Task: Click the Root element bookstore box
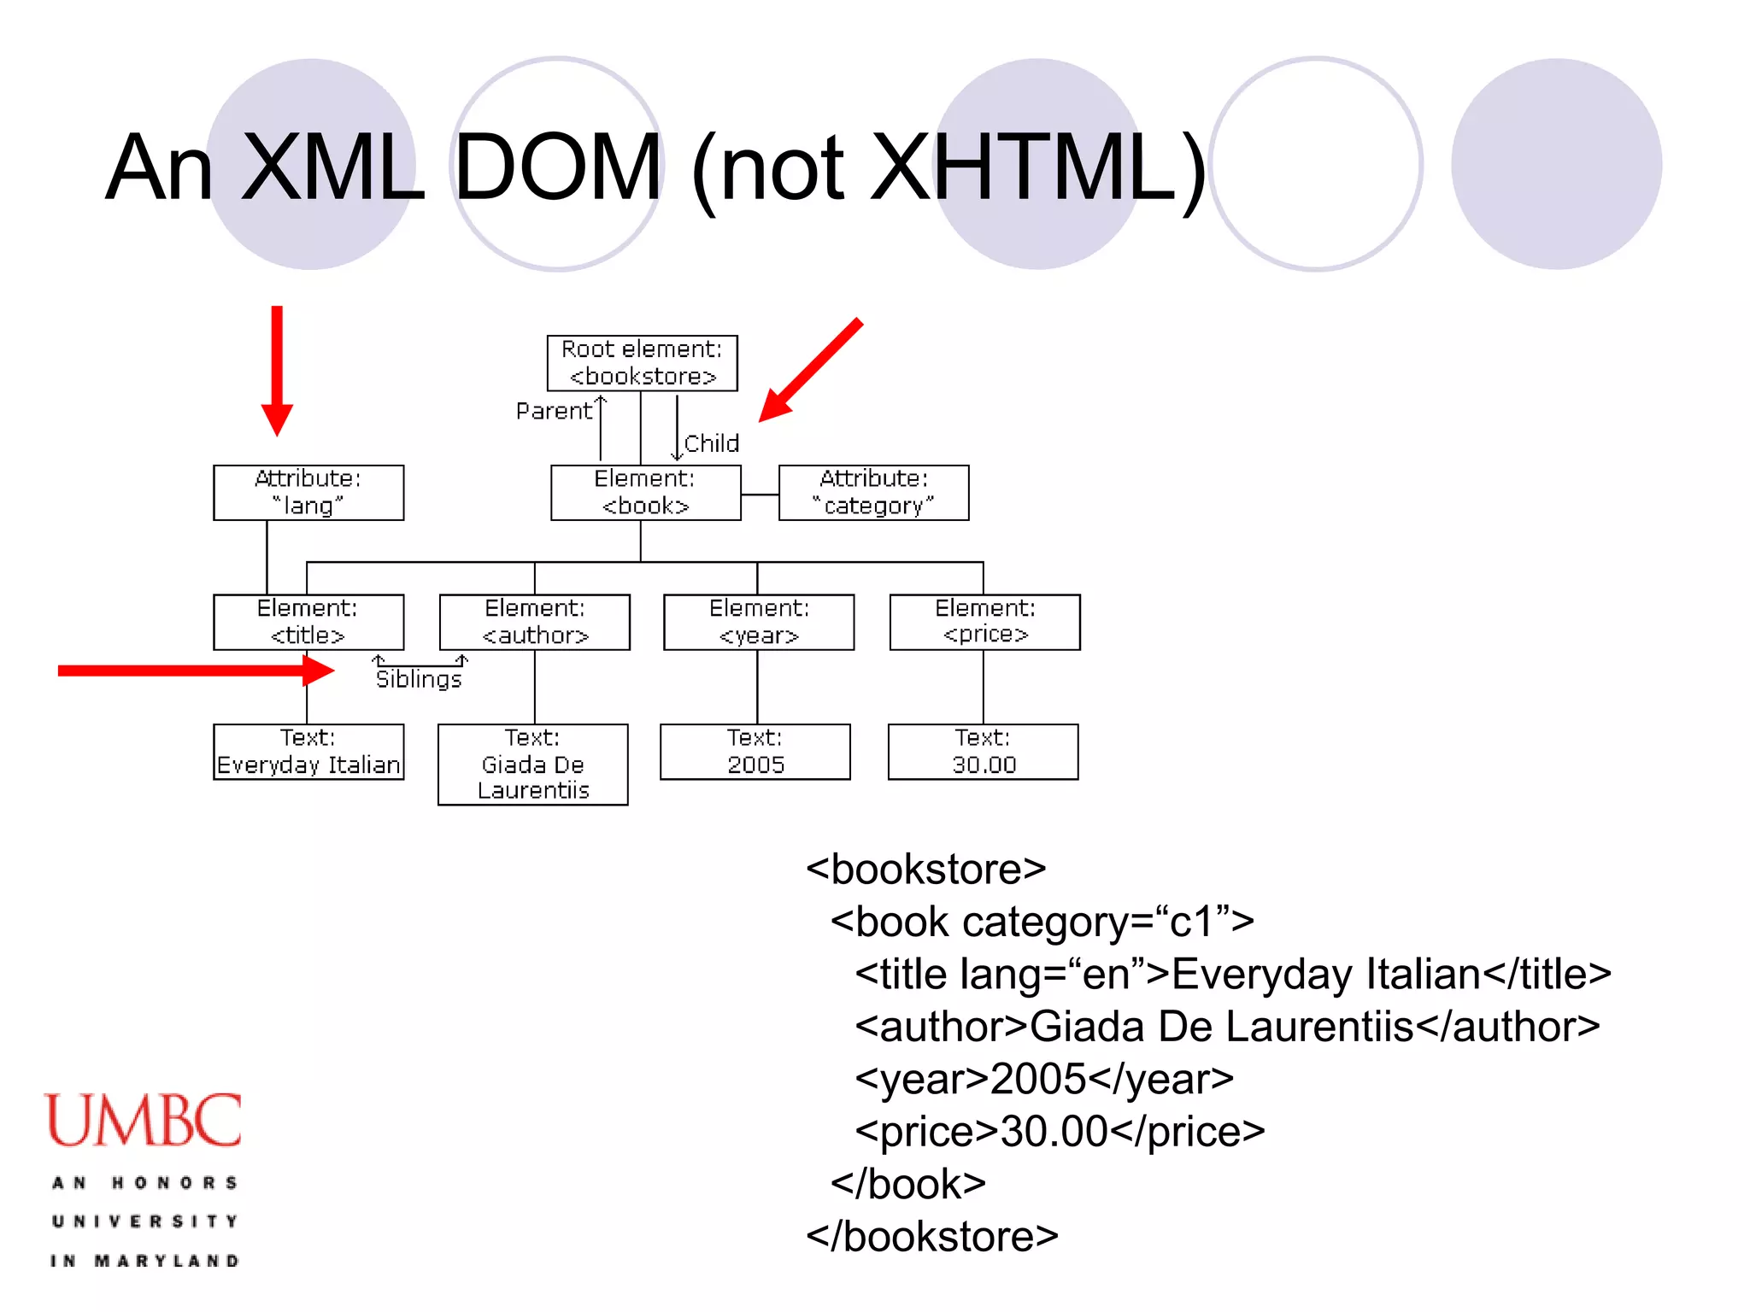pyautogui.click(x=642, y=363)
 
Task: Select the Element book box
pyautogui.click(x=645, y=493)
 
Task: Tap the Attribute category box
pyautogui.click(x=873, y=493)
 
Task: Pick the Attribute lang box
pyautogui.click(x=308, y=493)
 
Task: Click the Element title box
pyautogui.click(x=308, y=622)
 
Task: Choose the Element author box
pyautogui.click(x=535, y=622)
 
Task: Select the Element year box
pyautogui.click(x=759, y=622)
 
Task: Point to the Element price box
pyautogui.click(x=984, y=622)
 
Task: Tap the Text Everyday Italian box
pyautogui.click(x=308, y=752)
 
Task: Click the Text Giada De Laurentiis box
pyautogui.click(x=533, y=764)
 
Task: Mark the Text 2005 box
pyautogui.click(x=755, y=752)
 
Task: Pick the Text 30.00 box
pyautogui.click(x=984, y=752)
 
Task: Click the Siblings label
pyautogui.click(x=419, y=679)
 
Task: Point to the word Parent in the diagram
pyautogui.click(x=554, y=412)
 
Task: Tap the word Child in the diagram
pyautogui.click(x=711, y=443)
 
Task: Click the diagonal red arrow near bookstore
pyautogui.click(x=811, y=370)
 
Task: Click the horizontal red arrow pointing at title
pyautogui.click(x=196, y=671)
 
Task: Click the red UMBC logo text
pyautogui.click(x=144, y=1120)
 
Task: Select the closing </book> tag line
pyautogui.click(x=908, y=1185)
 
